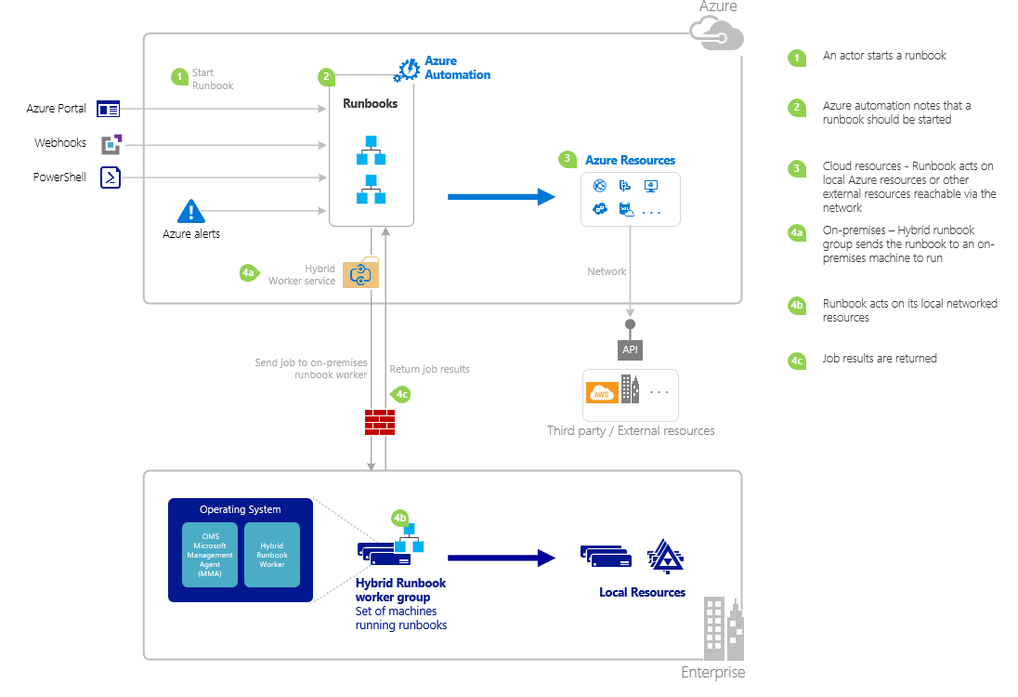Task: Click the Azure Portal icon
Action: point(109,109)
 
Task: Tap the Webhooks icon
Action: point(111,144)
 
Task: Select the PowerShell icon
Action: point(111,178)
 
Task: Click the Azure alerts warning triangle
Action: point(190,212)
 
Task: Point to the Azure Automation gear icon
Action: point(408,70)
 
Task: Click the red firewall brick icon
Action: point(379,422)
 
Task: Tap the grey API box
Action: point(630,350)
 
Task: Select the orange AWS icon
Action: point(601,392)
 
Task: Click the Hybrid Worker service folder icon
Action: point(360,273)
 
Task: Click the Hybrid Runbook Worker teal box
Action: point(272,554)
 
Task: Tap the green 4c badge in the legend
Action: point(796,360)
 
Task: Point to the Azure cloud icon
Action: point(717,33)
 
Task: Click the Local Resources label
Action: point(642,592)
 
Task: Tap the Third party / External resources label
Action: point(631,431)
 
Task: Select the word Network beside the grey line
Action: point(607,271)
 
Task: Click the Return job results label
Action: point(429,369)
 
